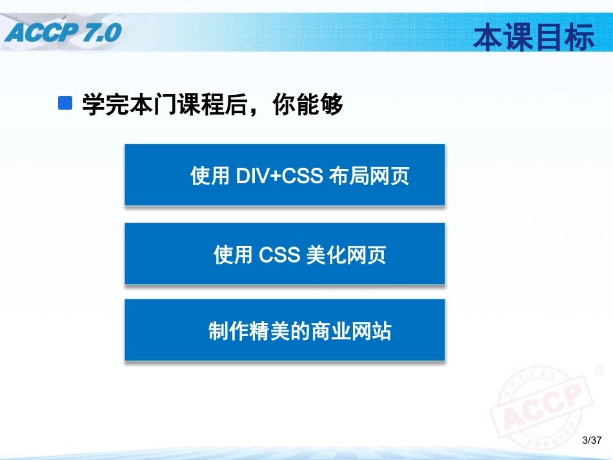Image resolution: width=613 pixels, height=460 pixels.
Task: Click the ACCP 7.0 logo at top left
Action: tap(62, 30)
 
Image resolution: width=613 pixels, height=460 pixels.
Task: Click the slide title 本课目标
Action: tap(534, 38)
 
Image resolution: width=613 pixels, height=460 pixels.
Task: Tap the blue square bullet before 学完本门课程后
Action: tap(65, 103)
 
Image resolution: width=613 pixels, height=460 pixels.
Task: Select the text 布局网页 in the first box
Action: tap(369, 176)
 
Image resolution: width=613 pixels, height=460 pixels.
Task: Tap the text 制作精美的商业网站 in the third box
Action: tap(299, 332)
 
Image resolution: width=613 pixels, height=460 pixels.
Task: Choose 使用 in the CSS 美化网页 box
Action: tap(233, 255)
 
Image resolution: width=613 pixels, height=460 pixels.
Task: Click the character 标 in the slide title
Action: tap(579, 38)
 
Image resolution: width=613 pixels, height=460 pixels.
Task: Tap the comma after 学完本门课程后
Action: tap(260, 110)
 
